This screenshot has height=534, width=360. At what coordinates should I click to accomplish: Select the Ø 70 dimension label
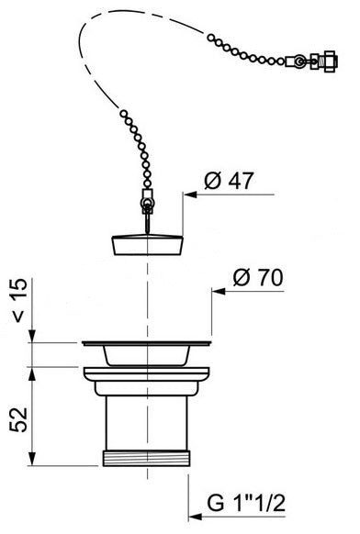[258, 277]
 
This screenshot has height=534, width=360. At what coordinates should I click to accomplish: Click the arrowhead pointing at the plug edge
[187, 195]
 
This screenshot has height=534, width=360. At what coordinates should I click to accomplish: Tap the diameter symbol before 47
[208, 182]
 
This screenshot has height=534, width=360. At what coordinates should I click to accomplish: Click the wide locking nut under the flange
[146, 377]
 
